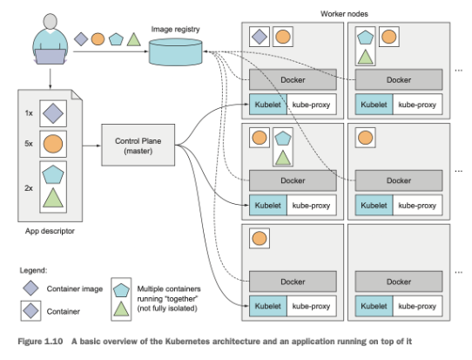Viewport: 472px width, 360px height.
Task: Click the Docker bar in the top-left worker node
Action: pyautogui.click(x=292, y=80)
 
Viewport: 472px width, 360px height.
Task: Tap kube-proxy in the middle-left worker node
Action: pyautogui.click(x=311, y=206)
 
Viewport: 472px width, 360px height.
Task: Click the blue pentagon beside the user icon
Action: pyautogui.click(x=116, y=39)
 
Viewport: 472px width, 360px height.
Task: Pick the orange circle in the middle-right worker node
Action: pyautogui.click(x=367, y=138)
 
